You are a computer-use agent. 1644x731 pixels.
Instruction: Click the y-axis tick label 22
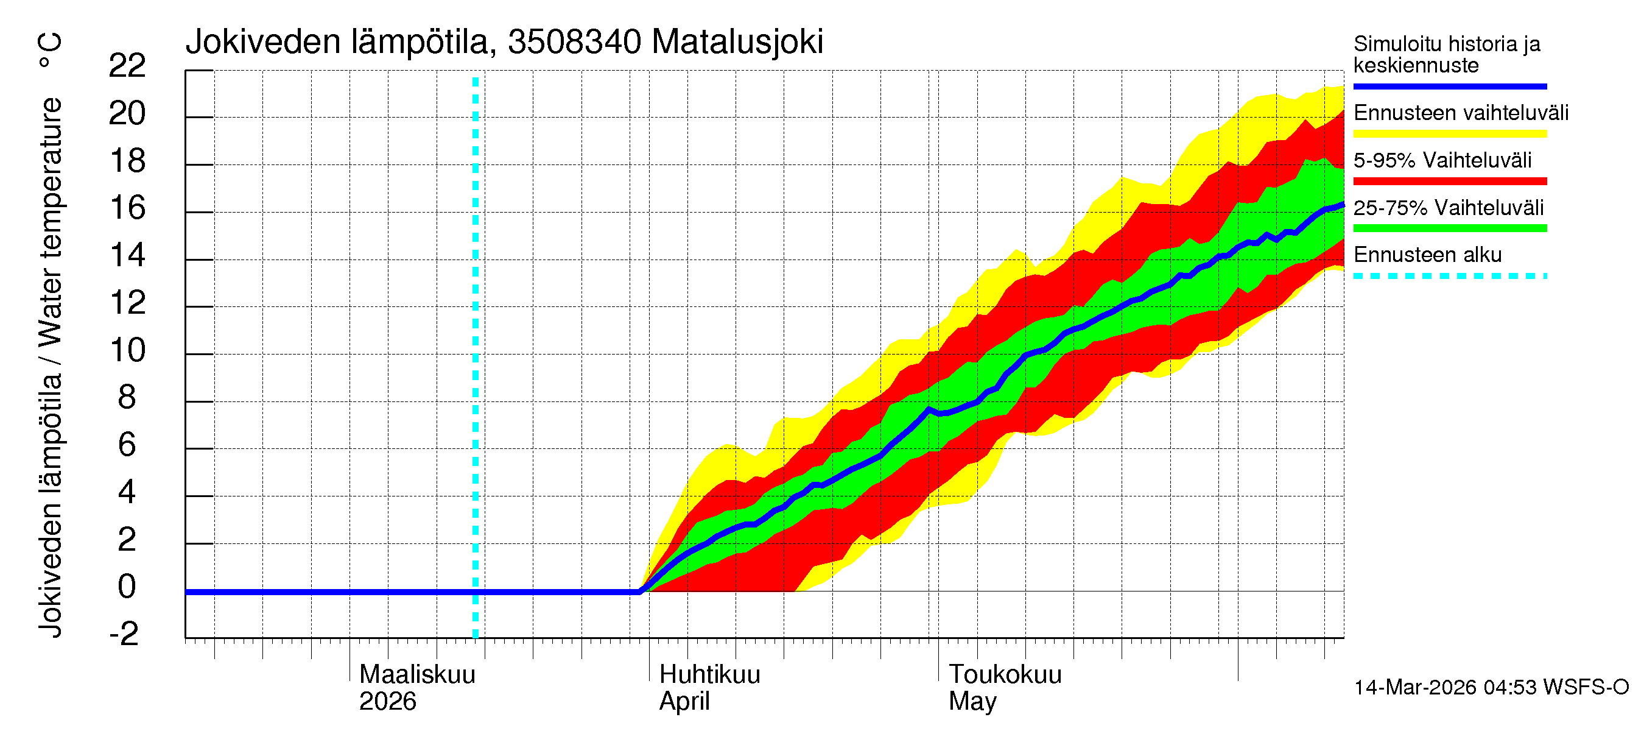click(127, 66)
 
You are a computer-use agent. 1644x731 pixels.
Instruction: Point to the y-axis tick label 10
click(127, 350)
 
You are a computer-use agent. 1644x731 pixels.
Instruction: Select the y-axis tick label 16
click(127, 208)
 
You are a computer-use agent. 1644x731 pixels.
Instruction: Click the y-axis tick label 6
click(127, 445)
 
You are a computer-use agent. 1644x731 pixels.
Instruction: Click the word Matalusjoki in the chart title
click(737, 42)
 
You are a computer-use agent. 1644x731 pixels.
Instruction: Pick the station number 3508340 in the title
click(574, 42)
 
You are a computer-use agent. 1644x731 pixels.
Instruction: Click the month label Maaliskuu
click(417, 675)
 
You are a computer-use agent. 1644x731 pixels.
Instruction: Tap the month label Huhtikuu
click(710, 675)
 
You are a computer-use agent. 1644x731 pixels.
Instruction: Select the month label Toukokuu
click(1005, 675)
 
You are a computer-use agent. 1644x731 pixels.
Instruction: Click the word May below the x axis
click(972, 702)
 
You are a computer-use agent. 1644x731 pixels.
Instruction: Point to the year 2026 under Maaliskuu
click(387, 702)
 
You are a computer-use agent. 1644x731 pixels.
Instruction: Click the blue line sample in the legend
click(1449, 86)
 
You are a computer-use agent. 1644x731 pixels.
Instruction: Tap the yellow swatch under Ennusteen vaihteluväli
click(1449, 134)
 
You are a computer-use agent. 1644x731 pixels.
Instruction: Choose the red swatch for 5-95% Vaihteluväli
click(1449, 182)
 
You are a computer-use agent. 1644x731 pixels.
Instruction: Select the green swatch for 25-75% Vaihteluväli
click(1449, 228)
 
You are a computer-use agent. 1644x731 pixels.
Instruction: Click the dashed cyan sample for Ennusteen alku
click(1449, 277)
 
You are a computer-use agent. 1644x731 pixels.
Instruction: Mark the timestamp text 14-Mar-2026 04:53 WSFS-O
click(1491, 688)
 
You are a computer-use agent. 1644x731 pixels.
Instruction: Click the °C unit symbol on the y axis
click(50, 51)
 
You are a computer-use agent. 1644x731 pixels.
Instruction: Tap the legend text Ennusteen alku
click(1428, 255)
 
